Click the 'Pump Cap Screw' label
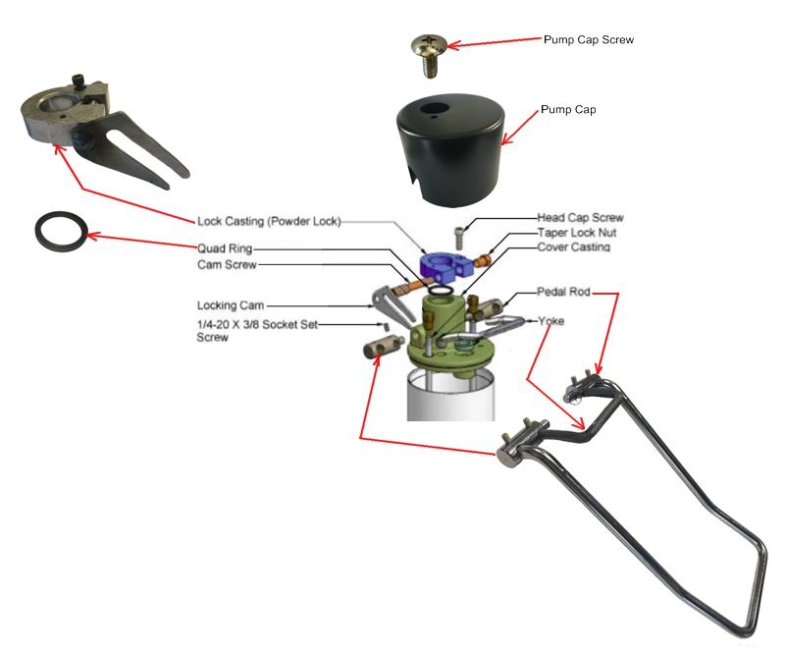click(588, 40)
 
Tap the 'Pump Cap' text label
click(568, 110)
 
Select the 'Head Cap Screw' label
click(580, 217)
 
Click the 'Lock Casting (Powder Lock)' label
click(268, 222)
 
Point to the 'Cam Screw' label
click(227, 264)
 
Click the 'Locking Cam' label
click(231, 305)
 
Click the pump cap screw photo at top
click(429, 51)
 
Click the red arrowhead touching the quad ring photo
click(95, 236)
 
